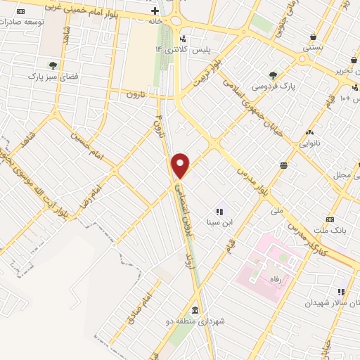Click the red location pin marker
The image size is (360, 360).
(181, 165)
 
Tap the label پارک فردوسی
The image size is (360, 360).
(272, 86)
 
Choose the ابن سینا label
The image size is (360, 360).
(219, 222)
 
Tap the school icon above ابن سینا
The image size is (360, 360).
(219, 210)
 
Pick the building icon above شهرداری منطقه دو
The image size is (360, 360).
(195, 310)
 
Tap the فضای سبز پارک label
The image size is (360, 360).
(52, 75)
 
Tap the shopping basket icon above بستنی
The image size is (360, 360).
(312, 37)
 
